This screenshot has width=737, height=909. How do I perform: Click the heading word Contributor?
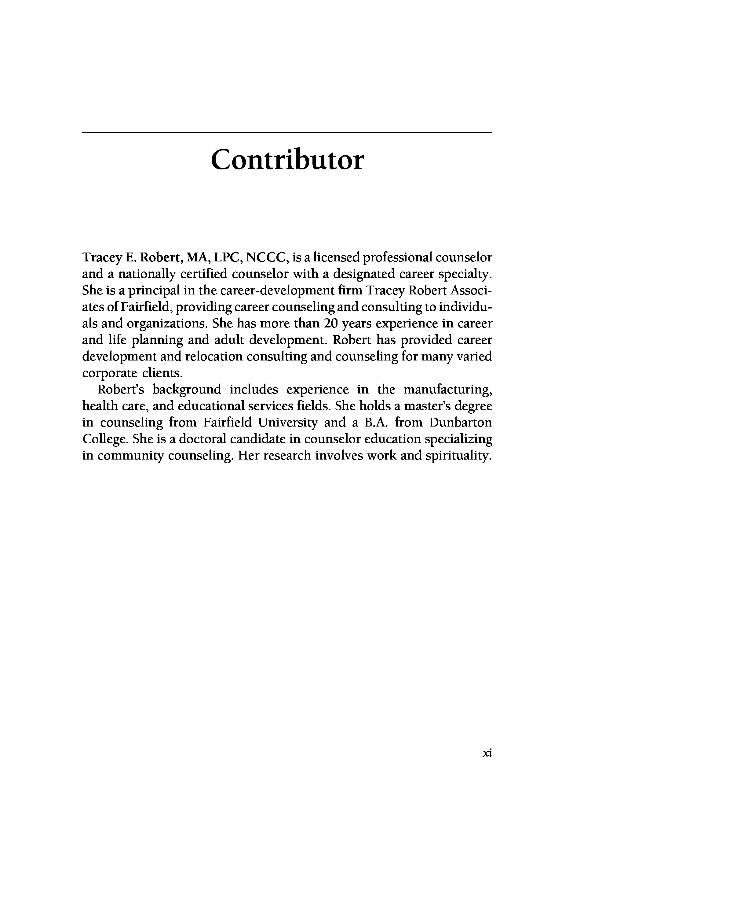point(287,160)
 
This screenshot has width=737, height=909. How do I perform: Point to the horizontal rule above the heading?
point(287,133)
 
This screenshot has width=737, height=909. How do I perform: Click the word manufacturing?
point(447,390)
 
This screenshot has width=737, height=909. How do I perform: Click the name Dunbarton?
point(460,423)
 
